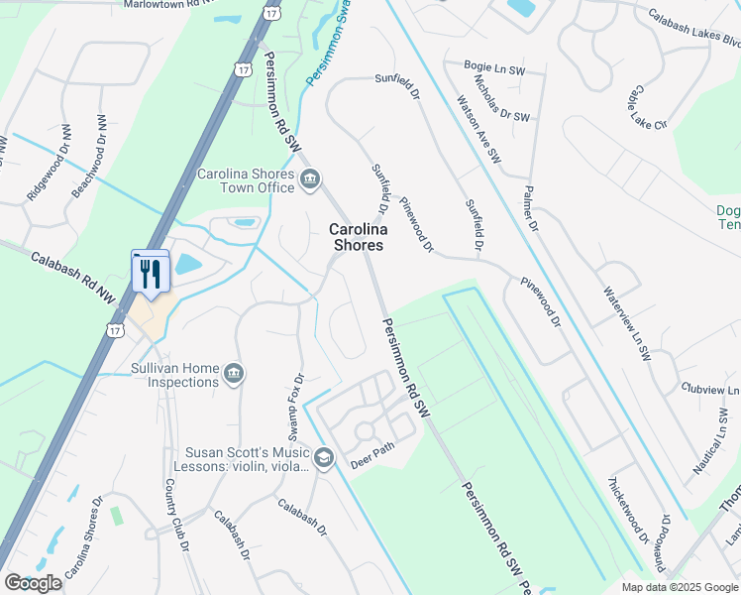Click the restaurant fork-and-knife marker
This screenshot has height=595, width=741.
151,273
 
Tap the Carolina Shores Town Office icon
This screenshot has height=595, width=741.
310,179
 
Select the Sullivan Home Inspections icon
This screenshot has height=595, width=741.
234,373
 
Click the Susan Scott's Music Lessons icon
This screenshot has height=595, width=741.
324,457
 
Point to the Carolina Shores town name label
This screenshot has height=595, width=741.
357,236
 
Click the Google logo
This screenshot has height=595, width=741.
33,582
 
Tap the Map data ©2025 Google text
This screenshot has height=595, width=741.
680,587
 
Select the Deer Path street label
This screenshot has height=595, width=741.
372,463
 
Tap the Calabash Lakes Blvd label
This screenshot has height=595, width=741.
694,29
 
